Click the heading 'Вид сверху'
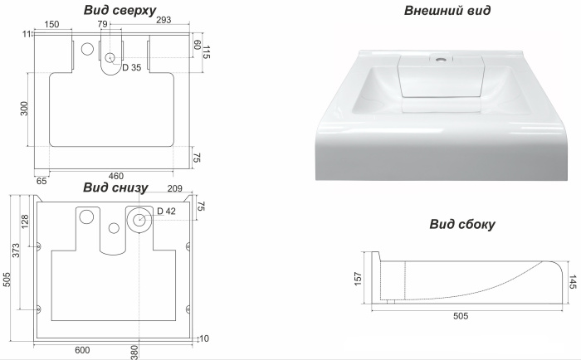(120, 10)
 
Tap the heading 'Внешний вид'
(447, 10)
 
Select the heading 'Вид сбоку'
(462, 224)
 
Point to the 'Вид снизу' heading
(115, 187)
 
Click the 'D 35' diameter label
(131, 67)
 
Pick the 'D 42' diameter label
(166, 212)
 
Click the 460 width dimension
(116, 176)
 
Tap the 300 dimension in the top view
(24, 109)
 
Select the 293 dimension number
(164, 20)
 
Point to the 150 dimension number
(51, 24)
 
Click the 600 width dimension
(82, 350)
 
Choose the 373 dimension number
(16, 251)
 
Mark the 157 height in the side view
(358, 279)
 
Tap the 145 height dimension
(573, 281)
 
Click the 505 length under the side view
(461, 316)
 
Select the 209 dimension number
(175, 188)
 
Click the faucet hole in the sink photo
(441, 59)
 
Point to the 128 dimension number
(25, 221)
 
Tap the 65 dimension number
(41, 181)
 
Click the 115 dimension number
(207, 52)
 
